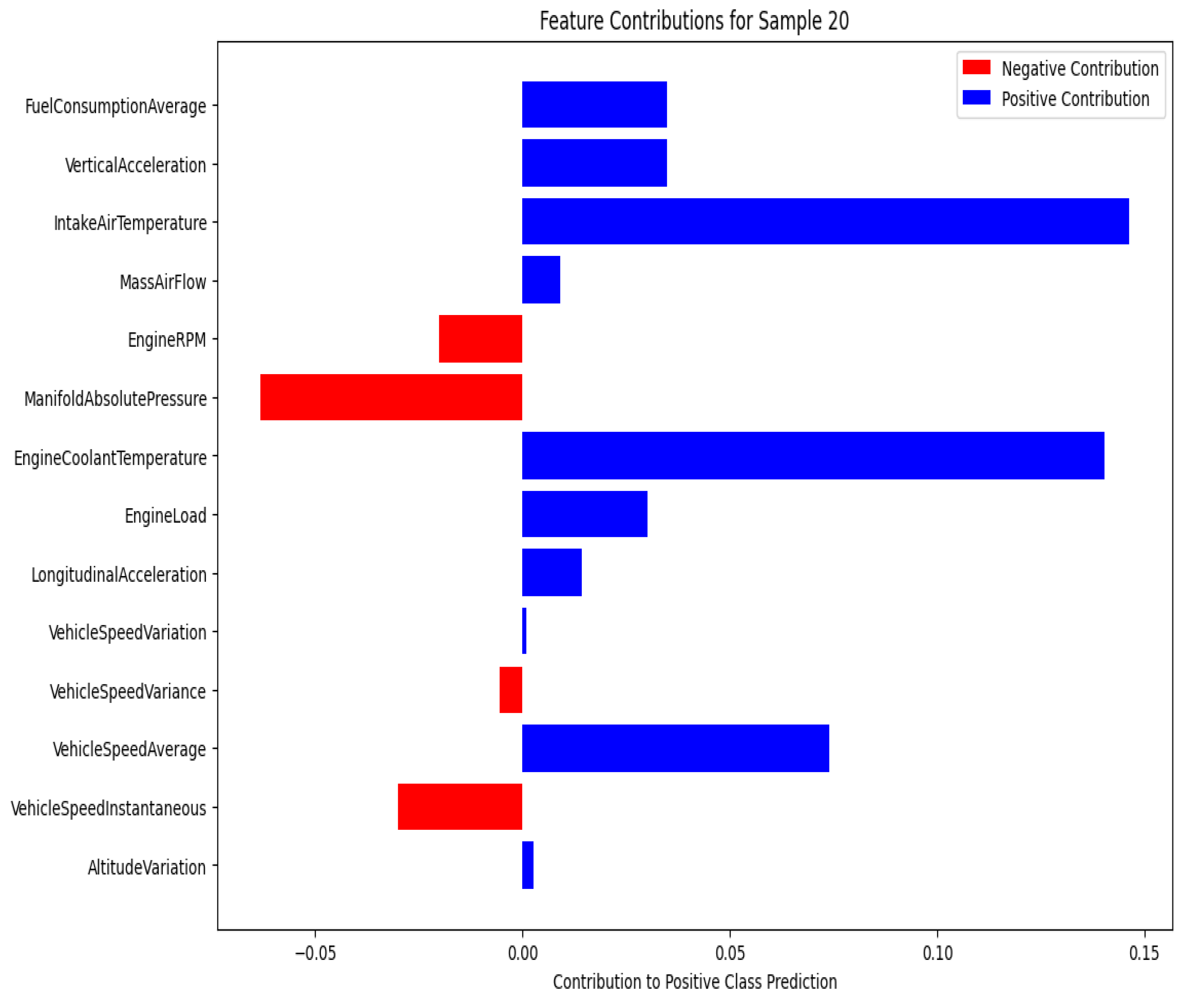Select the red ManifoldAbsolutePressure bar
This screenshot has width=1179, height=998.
(x=391, y=397)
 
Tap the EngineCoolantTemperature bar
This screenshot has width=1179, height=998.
(x=812, y=455)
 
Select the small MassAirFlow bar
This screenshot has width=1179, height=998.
(x=540, y=279)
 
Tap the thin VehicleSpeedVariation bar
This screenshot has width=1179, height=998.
(x=524, y=631)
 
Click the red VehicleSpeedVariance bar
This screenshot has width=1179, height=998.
(x=511, y=690)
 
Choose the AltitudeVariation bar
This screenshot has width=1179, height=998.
(x=528, y=865)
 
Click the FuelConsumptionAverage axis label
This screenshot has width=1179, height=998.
(x=115, y=106)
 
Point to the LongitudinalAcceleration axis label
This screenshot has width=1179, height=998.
(x=119, y=574)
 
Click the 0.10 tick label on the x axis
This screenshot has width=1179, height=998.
(x=937, y=953)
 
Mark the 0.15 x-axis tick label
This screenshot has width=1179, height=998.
(x=1144, y=953)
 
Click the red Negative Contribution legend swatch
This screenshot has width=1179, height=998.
(x=976, y=68)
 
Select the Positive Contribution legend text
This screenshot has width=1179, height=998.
(x=1075, y=99)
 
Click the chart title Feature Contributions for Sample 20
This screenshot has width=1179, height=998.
(x=694, y=21)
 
